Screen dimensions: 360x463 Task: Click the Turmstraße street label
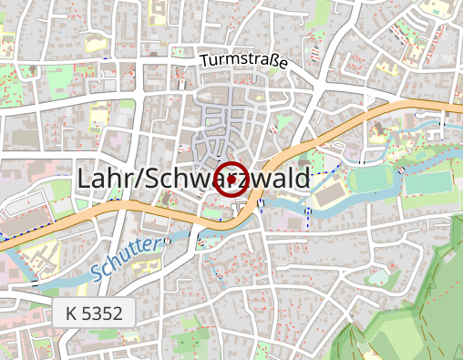(243, 61)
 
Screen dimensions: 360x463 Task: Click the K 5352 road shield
(94, 313)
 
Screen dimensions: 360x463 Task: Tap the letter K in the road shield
(71, 313)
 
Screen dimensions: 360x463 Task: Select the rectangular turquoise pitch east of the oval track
(427, 182)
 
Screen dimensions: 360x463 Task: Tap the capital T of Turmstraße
(204, 60)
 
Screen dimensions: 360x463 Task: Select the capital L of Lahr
(86, 179)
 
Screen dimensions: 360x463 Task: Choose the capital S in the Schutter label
(98, 271)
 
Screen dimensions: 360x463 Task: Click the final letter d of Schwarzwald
(303, 179)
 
